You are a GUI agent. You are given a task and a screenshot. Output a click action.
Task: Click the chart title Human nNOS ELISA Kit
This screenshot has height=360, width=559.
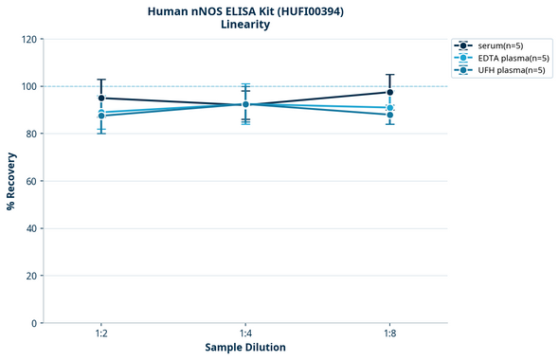point(245,10)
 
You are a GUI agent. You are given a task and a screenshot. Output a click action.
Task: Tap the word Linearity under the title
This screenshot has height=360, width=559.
point(245,25)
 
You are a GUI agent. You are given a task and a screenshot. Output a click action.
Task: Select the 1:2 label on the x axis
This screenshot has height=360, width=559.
point(101,334)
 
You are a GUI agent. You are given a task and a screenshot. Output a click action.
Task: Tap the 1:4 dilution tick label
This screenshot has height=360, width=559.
point(245,334)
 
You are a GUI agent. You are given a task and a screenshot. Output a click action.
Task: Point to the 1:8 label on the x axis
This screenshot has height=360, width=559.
point(389,334)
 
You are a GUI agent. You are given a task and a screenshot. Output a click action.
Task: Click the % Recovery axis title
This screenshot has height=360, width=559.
point(11,181)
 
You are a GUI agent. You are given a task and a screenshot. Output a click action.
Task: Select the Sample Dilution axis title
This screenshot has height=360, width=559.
point(245,348)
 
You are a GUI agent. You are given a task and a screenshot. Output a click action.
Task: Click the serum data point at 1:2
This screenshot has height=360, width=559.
point(101,99)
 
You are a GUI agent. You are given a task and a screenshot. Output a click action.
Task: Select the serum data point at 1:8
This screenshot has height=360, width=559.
point(389,92)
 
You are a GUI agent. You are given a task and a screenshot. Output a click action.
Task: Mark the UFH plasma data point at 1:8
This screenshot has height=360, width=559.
point(389,115)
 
